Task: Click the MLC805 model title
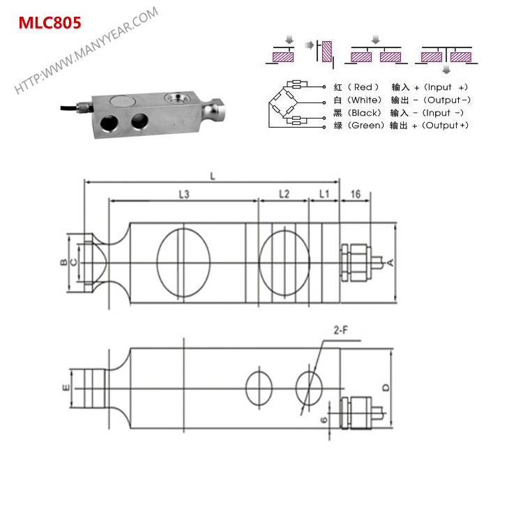[x=50, y=22]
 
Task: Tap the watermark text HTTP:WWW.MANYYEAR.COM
[x=86, y=51]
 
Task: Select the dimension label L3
[x=183, y=195]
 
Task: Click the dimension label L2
[x=283, y=195]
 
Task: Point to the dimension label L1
[x=324, y=195]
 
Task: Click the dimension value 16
[x=356, y=195]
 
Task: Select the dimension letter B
[x=63, y=262]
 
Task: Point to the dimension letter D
[x=386, y=387]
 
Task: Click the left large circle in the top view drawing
[x=183, y=262]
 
